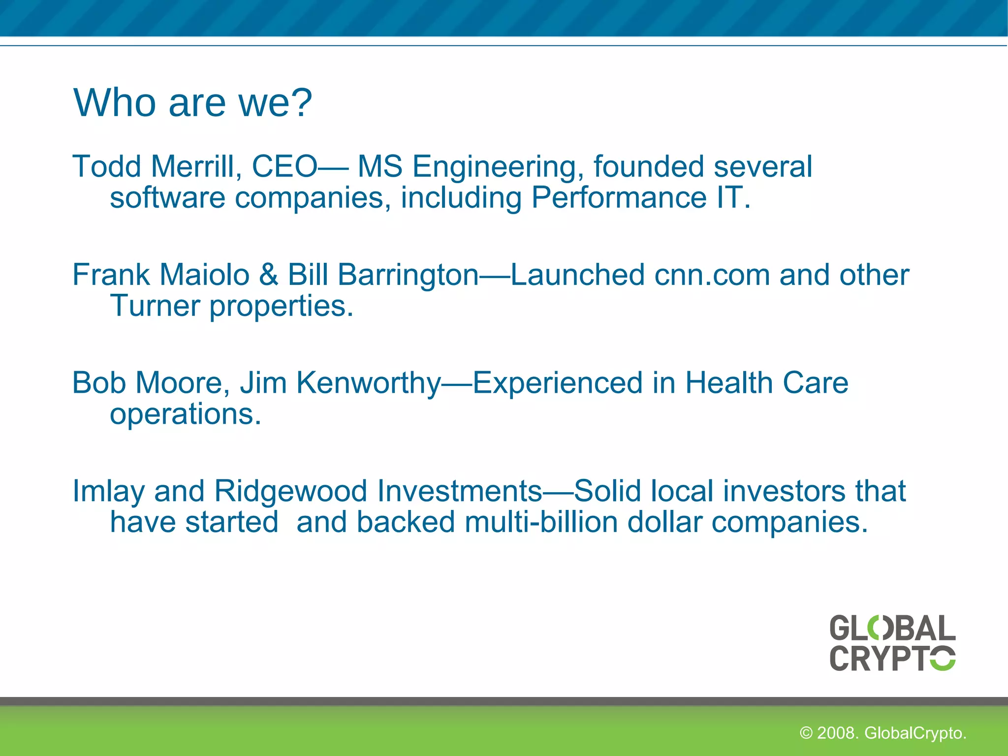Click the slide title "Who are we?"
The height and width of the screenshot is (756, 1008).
coord(192,103)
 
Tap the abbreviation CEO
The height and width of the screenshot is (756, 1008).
coord(284,166)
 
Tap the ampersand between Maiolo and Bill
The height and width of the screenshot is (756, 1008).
coord(269,275)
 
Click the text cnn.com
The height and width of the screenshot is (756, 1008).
coord(712,275)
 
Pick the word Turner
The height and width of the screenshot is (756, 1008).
coord(155,306)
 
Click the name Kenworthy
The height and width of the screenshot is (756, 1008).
coord(368,383)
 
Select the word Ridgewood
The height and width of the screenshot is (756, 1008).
coord(290,492)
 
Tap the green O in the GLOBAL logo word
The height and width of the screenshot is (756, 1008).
coord(879,628)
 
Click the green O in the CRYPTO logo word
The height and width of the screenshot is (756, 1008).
coord(943,658)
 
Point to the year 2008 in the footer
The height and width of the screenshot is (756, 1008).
coord(837,733)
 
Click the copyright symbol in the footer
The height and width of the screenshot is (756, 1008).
coord(806,733)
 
